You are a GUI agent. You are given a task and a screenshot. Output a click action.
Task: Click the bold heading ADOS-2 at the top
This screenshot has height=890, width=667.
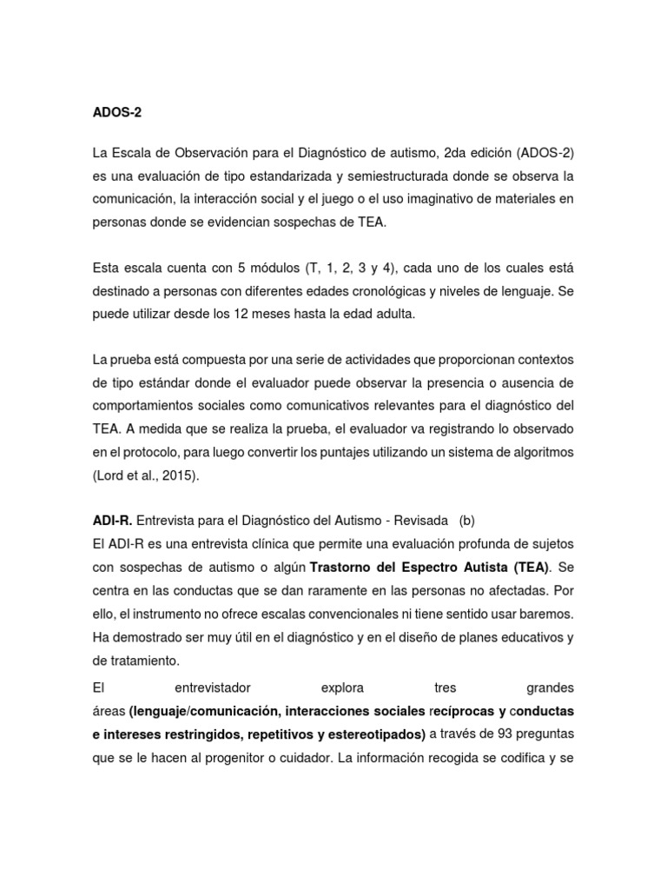tap(116, 112)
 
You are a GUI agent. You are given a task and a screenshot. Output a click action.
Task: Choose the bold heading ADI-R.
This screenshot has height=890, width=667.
tap(112, 521)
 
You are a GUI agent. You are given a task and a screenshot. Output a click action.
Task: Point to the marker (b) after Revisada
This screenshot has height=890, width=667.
tap(468, 521)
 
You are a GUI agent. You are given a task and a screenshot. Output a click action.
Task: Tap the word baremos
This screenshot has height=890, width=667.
tap(546, 614)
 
